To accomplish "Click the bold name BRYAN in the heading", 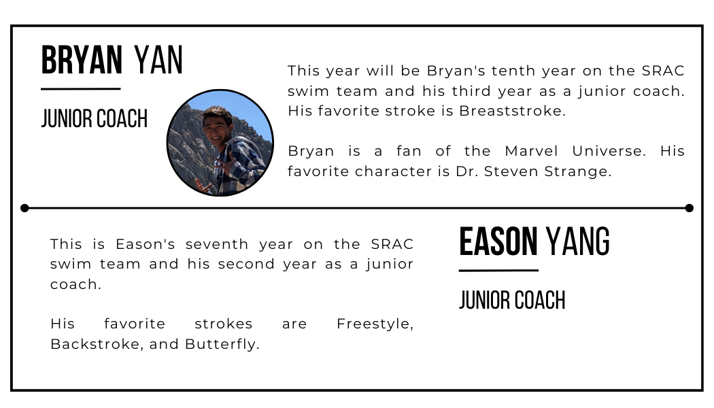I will point(82,61).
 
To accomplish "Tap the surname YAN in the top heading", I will point(158,61).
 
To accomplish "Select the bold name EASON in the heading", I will point(498,242).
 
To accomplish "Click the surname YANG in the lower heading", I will point(578,242).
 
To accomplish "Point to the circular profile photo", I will point(220,143).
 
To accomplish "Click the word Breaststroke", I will point(512,111).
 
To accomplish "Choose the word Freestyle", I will point(375,324).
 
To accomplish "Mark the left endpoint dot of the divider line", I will point(24,208).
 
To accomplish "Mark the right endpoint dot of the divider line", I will point(689,208).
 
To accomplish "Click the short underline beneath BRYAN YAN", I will point(80,88).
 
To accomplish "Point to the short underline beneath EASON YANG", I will point(498,270).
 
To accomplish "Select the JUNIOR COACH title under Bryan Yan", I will point(94,119).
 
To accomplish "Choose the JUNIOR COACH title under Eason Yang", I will point(512,300).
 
